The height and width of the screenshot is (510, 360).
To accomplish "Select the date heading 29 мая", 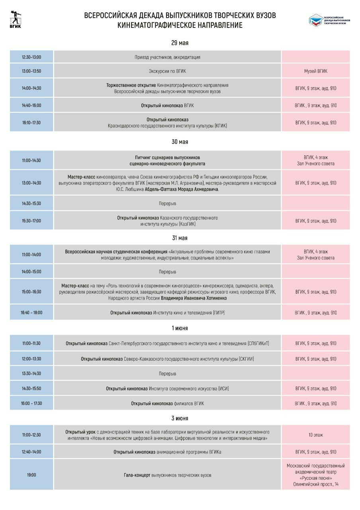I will (180, 43).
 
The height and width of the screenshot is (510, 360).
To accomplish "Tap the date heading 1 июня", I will (180, 328).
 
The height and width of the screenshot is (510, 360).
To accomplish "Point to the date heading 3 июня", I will (180, 418).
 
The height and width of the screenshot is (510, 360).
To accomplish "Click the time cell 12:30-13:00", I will (31, 57).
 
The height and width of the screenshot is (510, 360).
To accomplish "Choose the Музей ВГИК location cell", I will (316, 71).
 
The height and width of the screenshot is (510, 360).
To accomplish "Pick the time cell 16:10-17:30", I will (31, 123).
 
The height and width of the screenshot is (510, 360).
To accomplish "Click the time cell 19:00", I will (31, 475).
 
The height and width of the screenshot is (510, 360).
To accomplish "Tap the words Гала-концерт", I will (137, 475).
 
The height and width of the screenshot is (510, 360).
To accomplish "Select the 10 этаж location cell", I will (316, 435).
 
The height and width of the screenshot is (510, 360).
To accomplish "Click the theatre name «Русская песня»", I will (316, 478).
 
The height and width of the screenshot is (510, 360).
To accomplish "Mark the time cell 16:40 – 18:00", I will (31, 313).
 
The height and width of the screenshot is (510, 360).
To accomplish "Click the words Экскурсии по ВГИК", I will (167, 71).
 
